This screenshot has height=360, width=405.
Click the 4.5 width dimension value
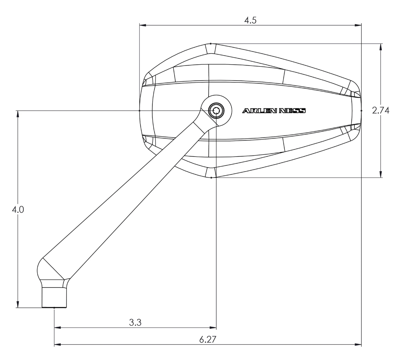(250, 20)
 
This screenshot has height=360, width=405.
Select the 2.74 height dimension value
(381, 110)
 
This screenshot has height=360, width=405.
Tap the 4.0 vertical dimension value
(18, 210)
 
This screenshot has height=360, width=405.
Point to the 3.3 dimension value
(135, 322)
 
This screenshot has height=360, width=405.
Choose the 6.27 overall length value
(208, 339)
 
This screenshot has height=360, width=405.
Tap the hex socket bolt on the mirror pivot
(216, 110)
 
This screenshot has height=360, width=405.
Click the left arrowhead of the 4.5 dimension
(143, 25)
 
